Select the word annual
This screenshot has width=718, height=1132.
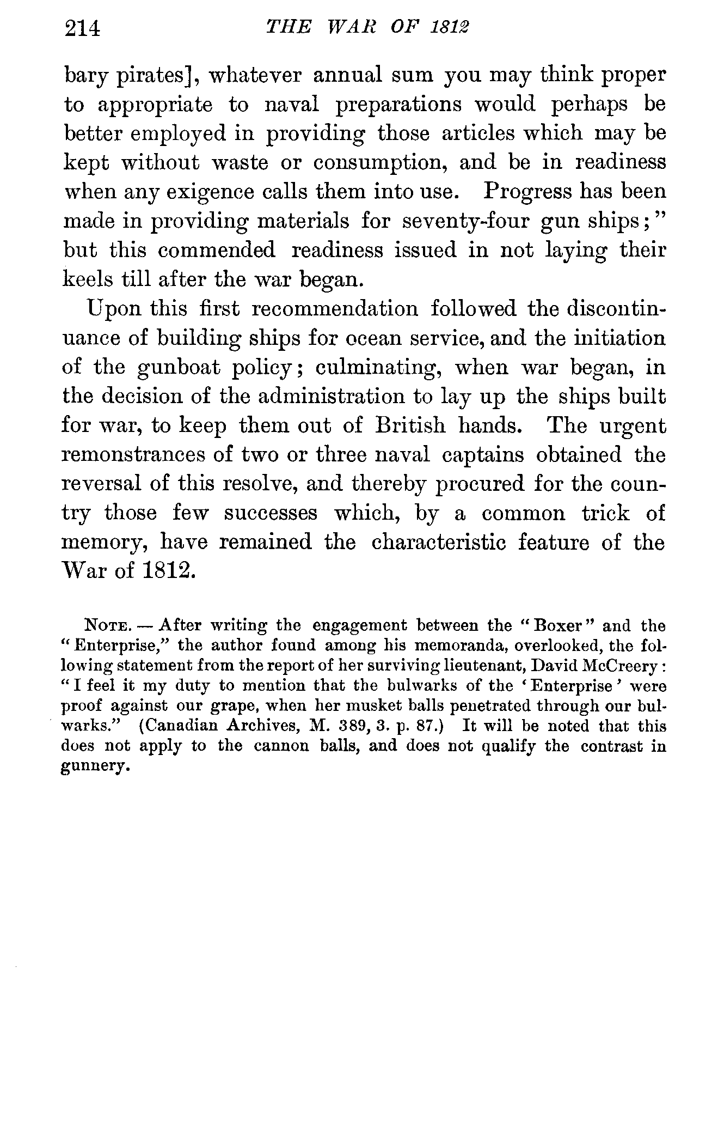tap(346, 75)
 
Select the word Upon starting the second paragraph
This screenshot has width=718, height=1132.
tap(112, 310)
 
